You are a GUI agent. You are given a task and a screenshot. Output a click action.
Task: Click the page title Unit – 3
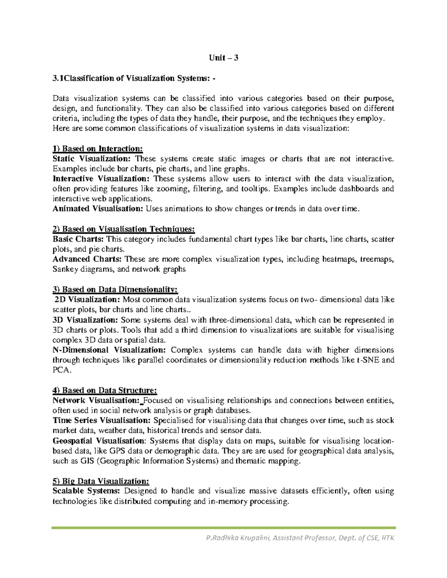coord(223,58)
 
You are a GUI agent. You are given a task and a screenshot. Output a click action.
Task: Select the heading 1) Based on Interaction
coord(98,149)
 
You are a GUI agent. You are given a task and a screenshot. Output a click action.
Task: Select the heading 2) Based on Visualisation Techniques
coord(124,229)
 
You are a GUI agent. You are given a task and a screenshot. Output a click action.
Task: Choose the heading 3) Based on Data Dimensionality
coord(115,290)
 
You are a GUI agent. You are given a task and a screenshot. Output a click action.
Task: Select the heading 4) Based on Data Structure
coord(105,390)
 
